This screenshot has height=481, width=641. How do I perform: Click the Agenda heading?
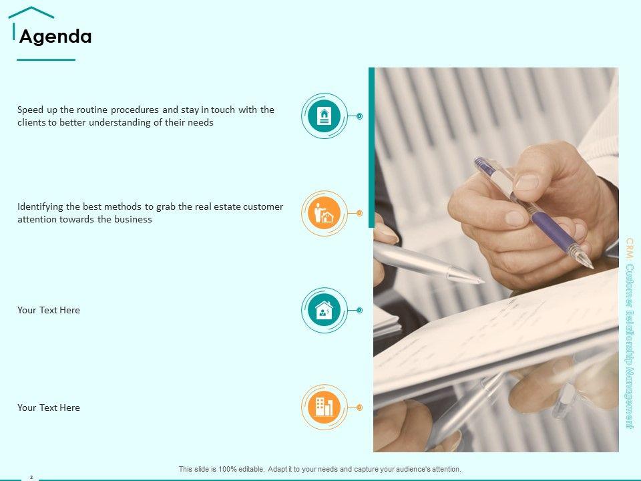click(55, 36)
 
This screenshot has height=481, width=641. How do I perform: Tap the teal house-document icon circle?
click(325, 116)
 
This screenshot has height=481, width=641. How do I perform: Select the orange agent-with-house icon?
click(325, 213)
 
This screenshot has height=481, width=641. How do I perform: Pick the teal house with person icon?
click(325, 311)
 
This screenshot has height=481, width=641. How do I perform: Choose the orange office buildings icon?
click(325, 408)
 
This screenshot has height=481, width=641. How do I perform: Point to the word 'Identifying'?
click(40, 207)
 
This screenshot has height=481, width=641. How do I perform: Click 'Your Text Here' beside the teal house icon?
click(49, 310)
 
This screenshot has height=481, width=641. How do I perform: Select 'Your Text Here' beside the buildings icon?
click(49, 408)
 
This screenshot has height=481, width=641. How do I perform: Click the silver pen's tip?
click(481, 281)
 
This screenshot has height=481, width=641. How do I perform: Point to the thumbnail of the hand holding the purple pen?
click(496, 260)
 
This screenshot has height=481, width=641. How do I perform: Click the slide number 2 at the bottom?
click(31, 477)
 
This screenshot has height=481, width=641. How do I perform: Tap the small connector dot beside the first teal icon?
click(359, 116)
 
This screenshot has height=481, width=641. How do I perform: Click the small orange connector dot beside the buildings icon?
click(359, 408)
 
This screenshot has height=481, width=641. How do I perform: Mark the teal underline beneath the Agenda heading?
click(46, 59)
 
